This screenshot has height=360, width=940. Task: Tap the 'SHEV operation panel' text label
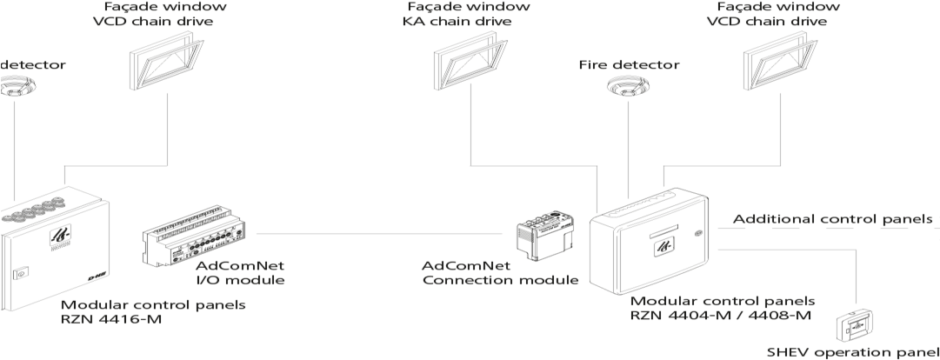852,353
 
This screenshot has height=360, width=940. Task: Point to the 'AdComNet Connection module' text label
500,272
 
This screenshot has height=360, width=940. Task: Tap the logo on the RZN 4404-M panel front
663,243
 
